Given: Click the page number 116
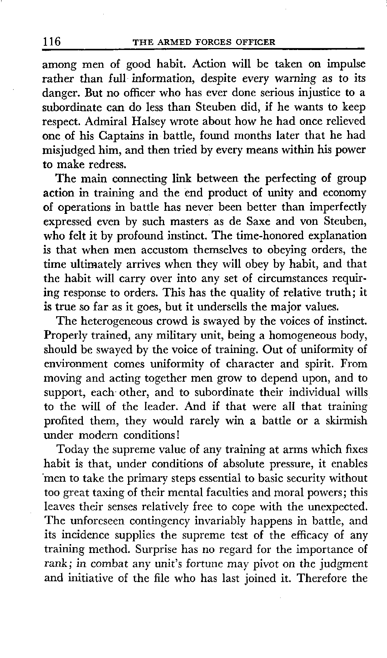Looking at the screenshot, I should pyautogui.click(x=52, y=41).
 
